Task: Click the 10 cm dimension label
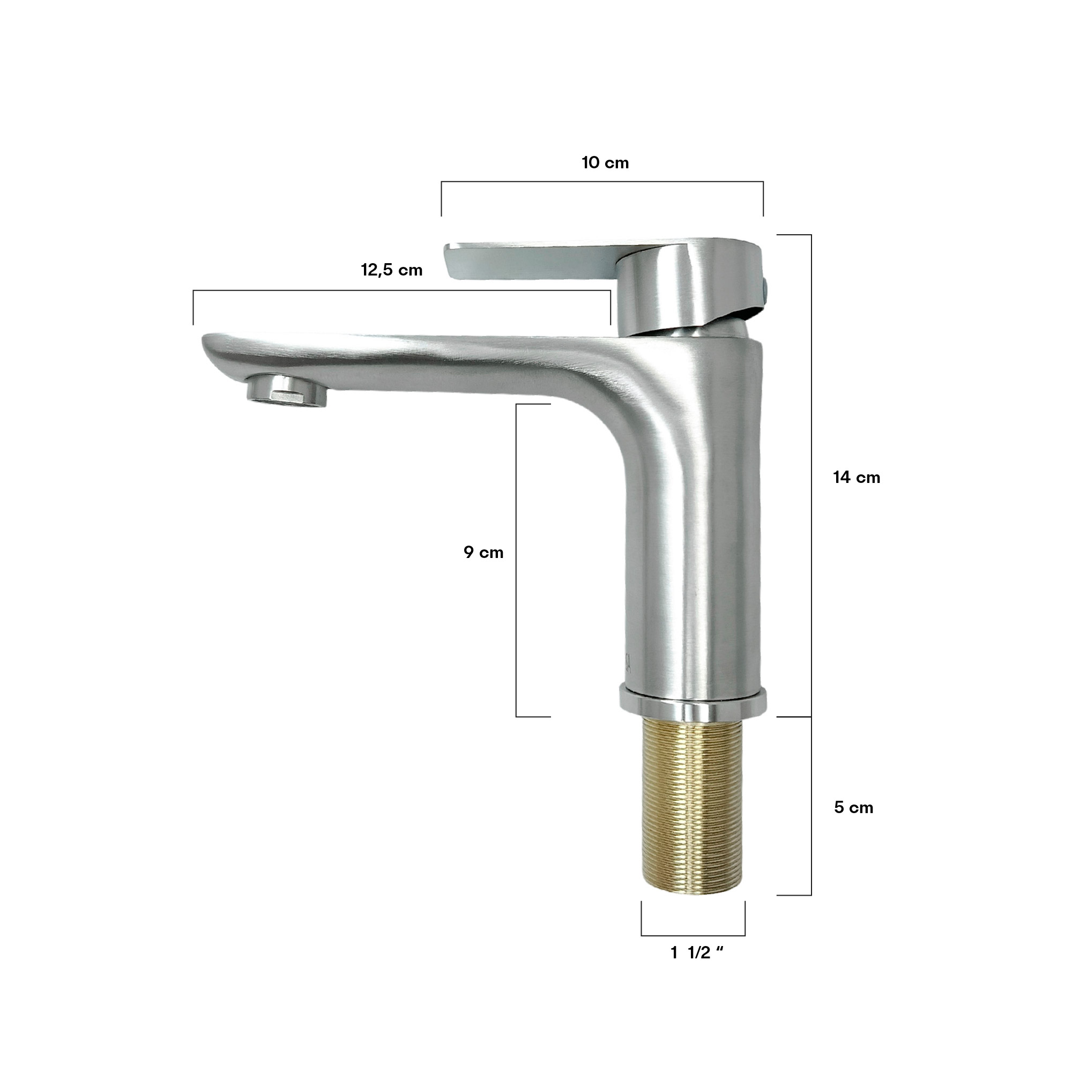pyautogui.click(x=605, y=162)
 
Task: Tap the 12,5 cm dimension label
pyautogui.click(x=392, y=270)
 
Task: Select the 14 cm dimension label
pyautogui.click(x=856, y=477)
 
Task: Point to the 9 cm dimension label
pyautogui.click(x=483, y=552)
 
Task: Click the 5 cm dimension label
pyautogui.click(x=853, y=807)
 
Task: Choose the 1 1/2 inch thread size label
pyautogui.click(x=697, y=952)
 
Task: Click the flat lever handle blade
pyautogui.click(x=533, y=261)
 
